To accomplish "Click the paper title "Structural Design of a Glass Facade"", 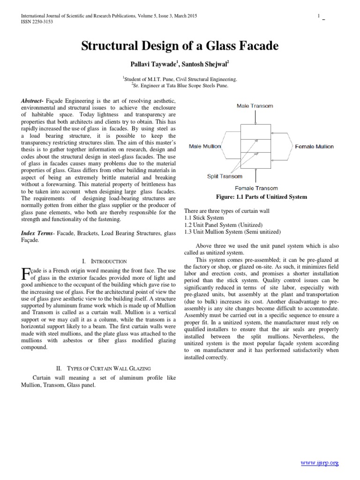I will click(x=180, y=46).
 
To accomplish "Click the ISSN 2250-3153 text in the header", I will click(x=36, y=22).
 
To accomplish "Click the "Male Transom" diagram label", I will click(x=255, y=106).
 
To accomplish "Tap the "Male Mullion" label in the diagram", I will click(x=205, y=147).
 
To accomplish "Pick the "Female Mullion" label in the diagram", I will click(x=314, y=147).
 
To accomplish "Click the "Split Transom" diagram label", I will click(x=225, y=176).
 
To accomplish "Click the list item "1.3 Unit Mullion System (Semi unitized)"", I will click(x=233, y=232).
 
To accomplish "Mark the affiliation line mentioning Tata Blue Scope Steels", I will click(x=180, y=86).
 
